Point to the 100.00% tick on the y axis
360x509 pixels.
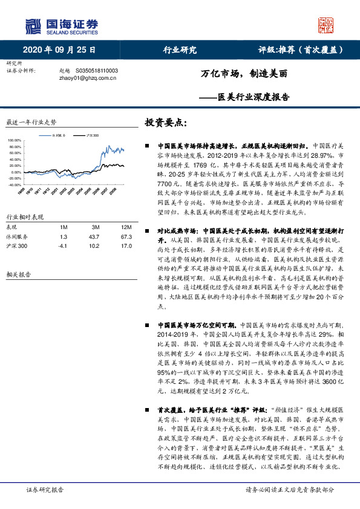point(14,140)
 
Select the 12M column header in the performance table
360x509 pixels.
point(110,227)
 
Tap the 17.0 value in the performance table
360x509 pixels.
point(110,246)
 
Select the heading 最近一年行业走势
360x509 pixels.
point(31,122)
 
